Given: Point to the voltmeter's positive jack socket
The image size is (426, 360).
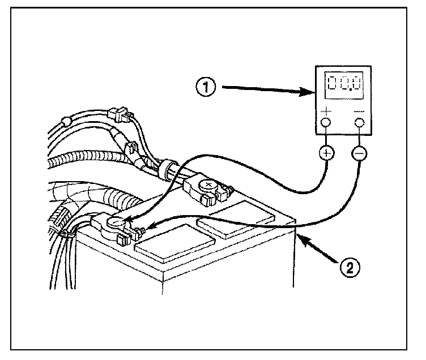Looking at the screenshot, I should click(326, 122).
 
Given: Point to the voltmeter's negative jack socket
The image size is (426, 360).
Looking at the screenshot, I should click(358, 122).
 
